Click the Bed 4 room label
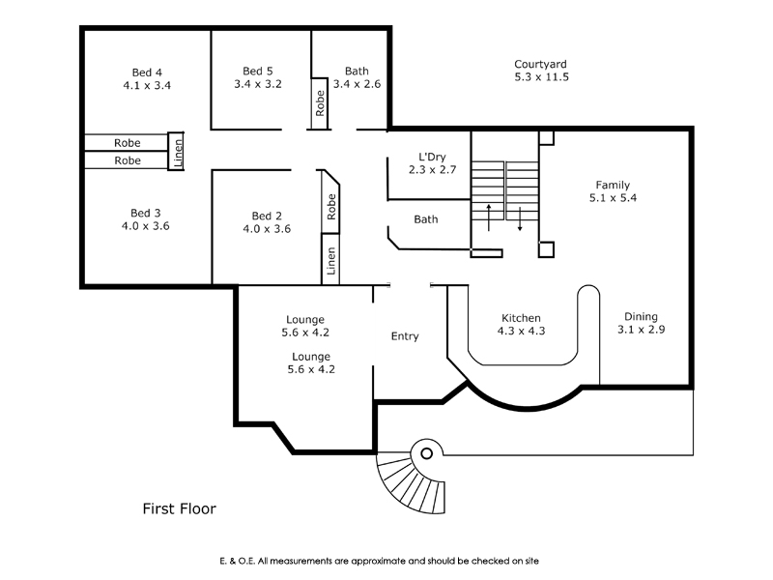click(147, 72)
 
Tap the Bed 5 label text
click(258, 71)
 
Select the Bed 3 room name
click(146, 213)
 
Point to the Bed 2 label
click(267, 216)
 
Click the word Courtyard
click(540, 64)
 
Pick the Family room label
click(613, 185)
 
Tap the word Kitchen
click(521, 318)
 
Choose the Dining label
click(641, 317)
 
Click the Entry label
click(405, 336)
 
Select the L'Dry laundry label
click(432, 157)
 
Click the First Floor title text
click(180, 508)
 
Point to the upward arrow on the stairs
click(489, 217)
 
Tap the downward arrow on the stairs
click(520, 219)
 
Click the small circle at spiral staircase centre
click(427, 453)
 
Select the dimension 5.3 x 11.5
click(542, 77)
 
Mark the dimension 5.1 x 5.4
click(613, 198)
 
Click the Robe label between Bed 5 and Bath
click(320, 103)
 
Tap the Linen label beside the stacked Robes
click(178, 153)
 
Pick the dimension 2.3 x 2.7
click(432, 170)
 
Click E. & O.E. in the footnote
click(238, 561)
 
